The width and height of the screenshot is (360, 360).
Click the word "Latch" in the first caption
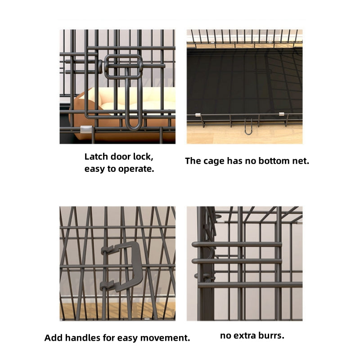[96, 157]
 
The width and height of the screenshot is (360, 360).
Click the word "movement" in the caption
[163, 337]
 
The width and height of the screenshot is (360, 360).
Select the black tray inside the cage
[243, 81]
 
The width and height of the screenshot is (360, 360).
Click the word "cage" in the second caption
[213, 161]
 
